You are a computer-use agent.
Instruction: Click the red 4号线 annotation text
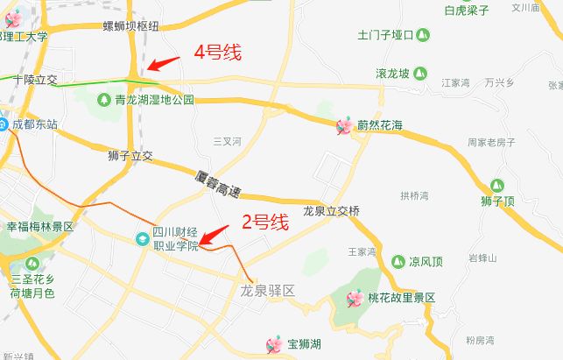click(217, 53)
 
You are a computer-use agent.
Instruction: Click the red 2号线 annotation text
click(264, 222)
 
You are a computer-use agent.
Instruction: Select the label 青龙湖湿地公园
click(155, 100)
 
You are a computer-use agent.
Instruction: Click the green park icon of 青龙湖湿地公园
click(106, 100)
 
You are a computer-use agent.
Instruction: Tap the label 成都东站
click(34, 125)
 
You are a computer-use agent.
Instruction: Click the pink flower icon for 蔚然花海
click(345, 127)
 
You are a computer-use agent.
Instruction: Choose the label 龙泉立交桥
click(331, 211)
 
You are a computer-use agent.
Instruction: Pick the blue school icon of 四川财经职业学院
click(141, 238)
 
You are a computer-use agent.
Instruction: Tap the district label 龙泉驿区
click(269, 289)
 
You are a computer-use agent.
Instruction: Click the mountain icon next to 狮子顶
click(497, 186)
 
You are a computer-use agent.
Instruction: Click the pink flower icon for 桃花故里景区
click(355, 299)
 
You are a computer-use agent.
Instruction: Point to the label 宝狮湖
click(304, 344)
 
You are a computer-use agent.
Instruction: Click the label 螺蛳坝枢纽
click(130, 26)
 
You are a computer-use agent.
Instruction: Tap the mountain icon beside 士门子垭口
click(423, 36)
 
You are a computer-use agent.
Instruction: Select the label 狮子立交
click(130, 157)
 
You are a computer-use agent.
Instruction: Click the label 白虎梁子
click(467, 11)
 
